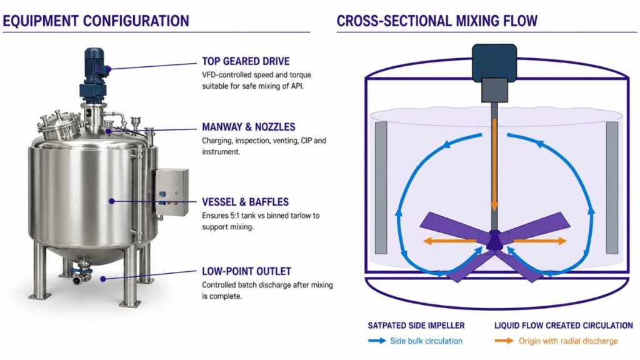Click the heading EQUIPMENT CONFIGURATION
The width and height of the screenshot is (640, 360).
[x=96, y=21]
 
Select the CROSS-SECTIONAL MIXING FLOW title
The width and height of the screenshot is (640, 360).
[x=437, y=21]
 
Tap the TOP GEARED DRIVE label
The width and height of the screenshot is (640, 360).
[x=246, y=61]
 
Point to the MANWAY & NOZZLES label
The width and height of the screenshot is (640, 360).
[x=249, y=127]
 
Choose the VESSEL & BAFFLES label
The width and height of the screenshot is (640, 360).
[x=245, y=202]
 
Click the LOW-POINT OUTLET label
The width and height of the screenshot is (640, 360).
[x=246, y=271]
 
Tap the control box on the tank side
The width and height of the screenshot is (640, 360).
[x=171, y=192]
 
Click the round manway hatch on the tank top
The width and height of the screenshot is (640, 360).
[x=59, y=124]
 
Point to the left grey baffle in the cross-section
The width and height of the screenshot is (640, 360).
[x=381, y=187]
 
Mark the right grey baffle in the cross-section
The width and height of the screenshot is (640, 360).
[x=612, y=187]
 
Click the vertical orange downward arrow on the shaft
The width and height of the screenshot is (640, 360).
[x=494, y=165]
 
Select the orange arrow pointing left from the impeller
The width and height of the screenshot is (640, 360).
[x=449, y=241]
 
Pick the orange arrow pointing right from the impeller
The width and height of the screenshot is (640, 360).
[x=540, y=241]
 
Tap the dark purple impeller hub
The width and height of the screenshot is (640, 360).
[x=494, y=241]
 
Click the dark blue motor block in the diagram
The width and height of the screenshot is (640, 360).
[x=494, y=62]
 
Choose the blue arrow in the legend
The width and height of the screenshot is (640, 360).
[x=377, y=341]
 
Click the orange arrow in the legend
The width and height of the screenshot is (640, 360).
[x=504, y=341]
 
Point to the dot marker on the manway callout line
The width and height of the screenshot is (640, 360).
[x=108, y=131]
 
